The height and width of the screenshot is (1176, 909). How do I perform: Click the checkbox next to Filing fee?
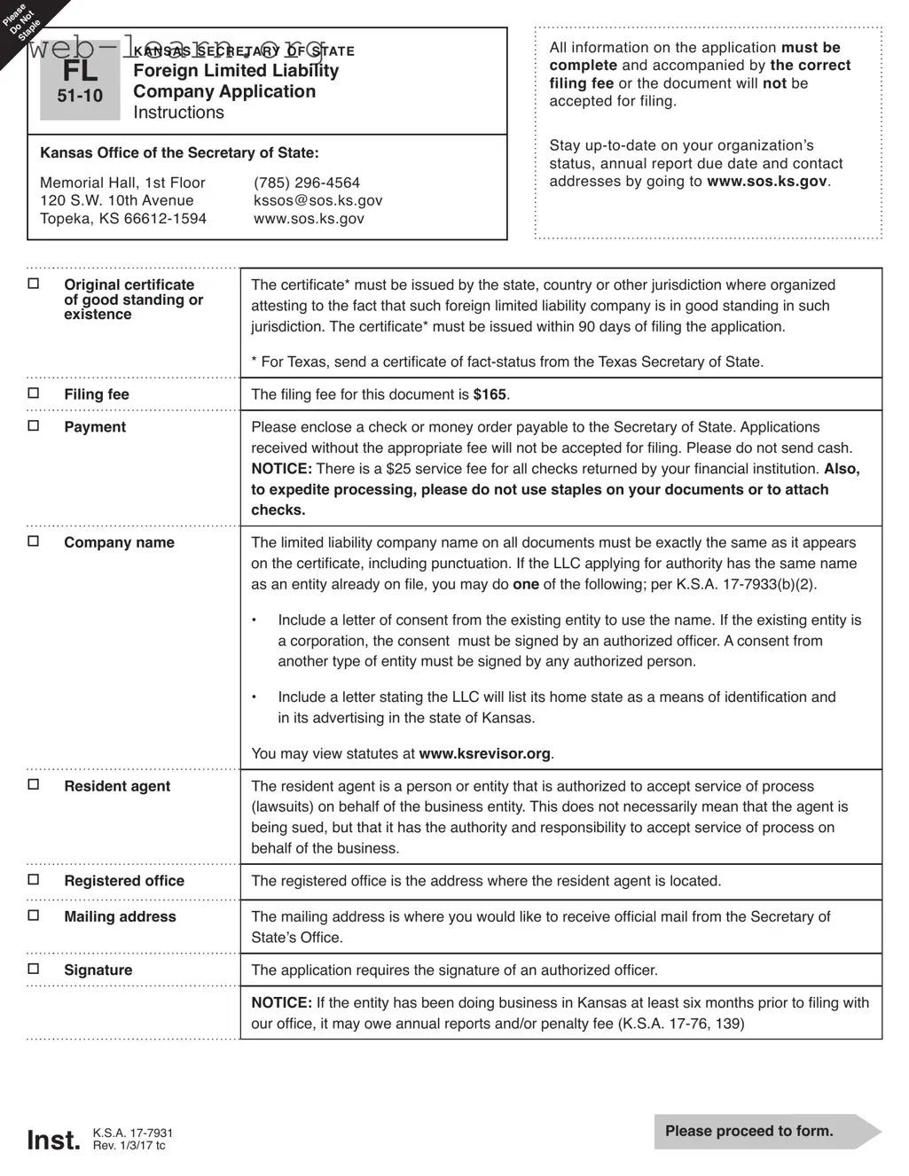tap(34, 393)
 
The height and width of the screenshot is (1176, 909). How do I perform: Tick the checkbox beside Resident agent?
tap(34, 785)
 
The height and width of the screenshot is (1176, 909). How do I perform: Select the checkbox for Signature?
tap(34, 970)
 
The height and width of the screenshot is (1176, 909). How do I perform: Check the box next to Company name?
tap(34, 541)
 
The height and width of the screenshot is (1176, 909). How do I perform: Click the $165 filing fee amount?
tap(490, 394)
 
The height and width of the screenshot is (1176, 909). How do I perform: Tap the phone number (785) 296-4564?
tap(307, 183)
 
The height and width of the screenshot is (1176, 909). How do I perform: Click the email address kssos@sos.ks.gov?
tap(317, 200)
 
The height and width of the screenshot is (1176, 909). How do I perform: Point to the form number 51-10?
tap(80, 96)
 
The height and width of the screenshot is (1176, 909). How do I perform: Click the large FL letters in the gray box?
tap(80, 71)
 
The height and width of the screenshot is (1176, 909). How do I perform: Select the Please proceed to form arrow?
tap(764, 1132)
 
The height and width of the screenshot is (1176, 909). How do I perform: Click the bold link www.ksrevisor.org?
tap(484, 754)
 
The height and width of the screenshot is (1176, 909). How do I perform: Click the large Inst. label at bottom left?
tap(53, 1140)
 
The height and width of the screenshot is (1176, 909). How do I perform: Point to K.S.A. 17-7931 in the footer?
tap(133, 1133)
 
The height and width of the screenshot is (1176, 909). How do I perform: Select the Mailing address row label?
tap(120, 917)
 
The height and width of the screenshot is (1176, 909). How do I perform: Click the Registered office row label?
tap(124, 881)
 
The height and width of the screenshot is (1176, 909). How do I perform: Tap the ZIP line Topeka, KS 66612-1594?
tap(123, 219)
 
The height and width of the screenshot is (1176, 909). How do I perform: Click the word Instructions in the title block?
tap(178, 113)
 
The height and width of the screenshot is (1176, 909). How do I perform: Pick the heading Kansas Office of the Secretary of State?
tap(179, 153)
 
